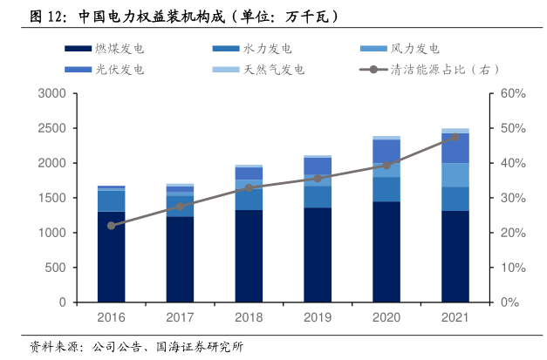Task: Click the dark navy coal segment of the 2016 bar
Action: click(x=111, y=257)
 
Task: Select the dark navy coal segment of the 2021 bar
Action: click(x=455, y=256)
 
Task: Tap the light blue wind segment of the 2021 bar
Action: click(x=455, y=175)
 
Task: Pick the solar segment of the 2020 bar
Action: click(x=386, y=152)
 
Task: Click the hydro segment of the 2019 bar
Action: click(x=318, y=196)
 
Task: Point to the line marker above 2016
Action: click(x=111, y=226)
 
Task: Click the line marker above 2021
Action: click(x=455, y=137)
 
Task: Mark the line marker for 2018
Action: click(x=249, y=187)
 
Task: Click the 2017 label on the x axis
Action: click(x=180, y=319)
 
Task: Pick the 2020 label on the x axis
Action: click(x=386, y=319)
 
